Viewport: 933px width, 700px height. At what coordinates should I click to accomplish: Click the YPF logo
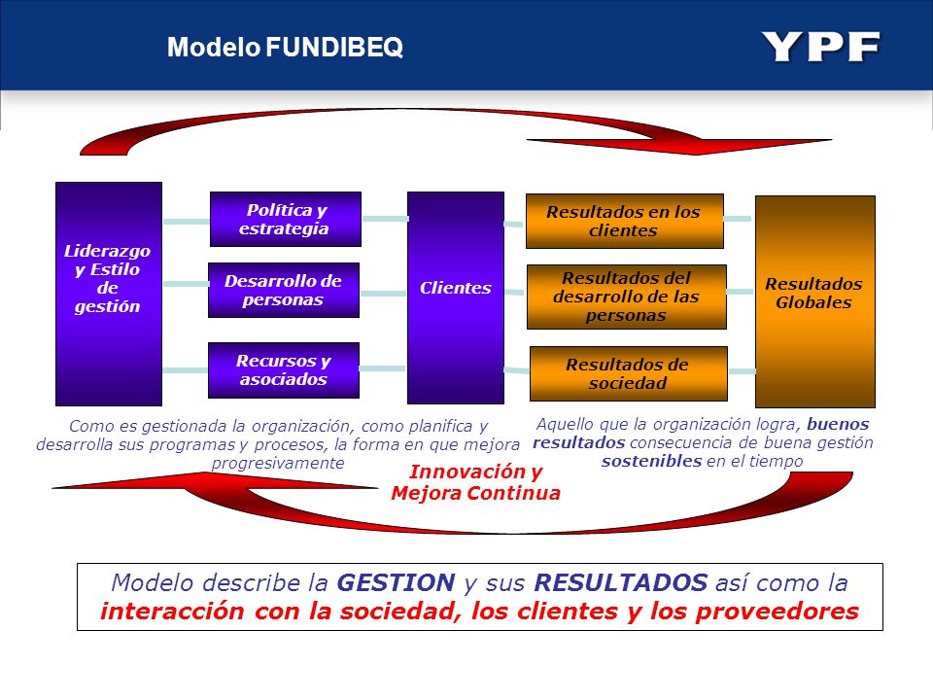(820, 47)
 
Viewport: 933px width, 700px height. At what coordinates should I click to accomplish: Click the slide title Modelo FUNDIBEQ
(285, 47)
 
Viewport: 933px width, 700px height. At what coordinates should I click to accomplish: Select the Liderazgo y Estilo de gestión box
(109, 294)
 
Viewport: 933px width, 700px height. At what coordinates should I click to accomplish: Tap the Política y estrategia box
(286, 219)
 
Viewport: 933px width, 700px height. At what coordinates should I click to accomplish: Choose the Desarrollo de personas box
(284, 290)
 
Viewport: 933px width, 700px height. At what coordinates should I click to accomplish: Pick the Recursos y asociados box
(284, 370)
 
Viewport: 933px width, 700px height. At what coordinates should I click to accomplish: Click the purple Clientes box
(456, 297)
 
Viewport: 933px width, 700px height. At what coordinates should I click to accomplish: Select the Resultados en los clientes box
(625, 221)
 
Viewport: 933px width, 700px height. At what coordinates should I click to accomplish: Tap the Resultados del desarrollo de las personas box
(627, 297)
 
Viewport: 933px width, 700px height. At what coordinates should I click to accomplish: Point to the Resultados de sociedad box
(629, 373)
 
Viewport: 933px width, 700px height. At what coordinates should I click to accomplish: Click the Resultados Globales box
(815, 301)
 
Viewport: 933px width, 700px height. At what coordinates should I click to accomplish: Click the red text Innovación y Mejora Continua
(475, 482)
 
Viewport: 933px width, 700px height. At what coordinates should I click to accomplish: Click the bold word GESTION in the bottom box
(396, 582)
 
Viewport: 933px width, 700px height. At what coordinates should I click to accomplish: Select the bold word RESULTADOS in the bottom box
(621, 582)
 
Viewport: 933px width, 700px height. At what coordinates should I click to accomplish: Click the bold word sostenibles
(651, 461)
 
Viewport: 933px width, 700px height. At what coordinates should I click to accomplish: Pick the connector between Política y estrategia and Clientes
(385, 219)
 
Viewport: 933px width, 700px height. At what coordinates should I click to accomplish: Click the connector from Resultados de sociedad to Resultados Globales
(742, 371)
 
